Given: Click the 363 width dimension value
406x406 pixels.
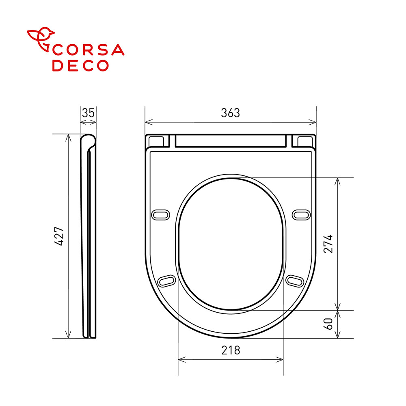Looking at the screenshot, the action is (x=231, y=113).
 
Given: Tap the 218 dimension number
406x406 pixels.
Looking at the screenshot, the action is (x=231, y=350).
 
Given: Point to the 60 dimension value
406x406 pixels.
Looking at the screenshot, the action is (x=328, y=324).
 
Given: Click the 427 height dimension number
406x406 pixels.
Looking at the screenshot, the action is (x=59, y=236).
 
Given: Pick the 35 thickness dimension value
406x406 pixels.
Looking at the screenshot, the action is (x=88, y=113).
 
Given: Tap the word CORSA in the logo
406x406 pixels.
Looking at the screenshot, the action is (x=88, y=50).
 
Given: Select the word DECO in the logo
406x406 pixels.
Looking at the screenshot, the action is (x=80, y=65).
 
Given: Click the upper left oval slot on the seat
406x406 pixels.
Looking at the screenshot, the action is (x=160, y=215).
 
